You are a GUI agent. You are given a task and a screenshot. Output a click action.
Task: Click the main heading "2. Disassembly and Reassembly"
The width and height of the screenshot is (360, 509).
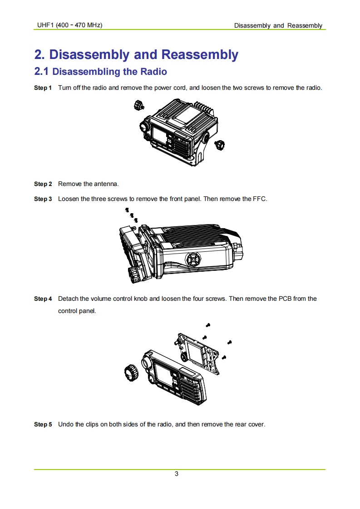(136, 54)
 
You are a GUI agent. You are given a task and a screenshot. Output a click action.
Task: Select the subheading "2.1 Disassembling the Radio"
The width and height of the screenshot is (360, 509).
(100, 72)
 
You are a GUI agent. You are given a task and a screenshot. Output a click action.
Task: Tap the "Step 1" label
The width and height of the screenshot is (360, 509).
(43, 87)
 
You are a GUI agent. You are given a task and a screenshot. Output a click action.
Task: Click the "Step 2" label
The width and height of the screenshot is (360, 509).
(43, 184)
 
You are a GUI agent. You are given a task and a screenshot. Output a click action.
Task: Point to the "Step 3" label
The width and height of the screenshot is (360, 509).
(43, 199)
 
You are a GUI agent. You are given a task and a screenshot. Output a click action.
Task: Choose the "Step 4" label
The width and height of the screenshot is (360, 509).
(43, 299)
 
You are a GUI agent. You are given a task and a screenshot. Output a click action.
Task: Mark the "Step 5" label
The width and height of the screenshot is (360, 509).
(43, 424)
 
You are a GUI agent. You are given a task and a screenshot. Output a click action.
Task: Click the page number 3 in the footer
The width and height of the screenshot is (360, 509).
(177, 474)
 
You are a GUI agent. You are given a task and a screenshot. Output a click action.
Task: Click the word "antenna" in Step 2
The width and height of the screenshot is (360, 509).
(106, 184)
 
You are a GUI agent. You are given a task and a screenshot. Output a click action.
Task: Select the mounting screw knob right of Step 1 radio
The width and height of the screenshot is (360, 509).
(220, 145)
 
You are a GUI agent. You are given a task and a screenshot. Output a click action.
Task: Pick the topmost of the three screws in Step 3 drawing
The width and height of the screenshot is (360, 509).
(127, 210)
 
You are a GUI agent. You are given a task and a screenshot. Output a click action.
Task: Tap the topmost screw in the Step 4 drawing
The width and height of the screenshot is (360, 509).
(208, 325)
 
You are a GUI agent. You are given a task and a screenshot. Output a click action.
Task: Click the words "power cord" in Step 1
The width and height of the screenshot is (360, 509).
(170, 87)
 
